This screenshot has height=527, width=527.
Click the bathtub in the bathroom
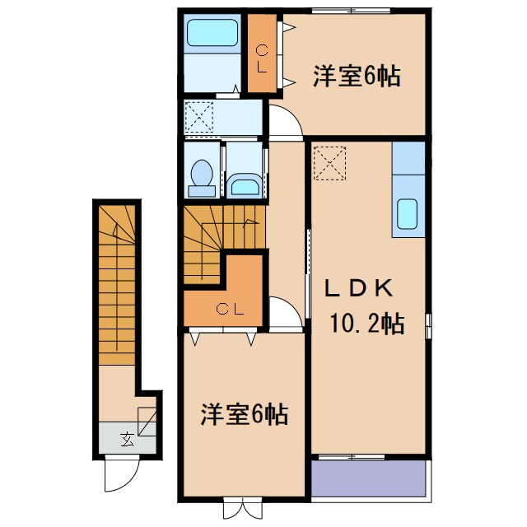pyautogui.click(x=212, y=34)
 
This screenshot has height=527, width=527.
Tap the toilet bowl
pyautogui.click(x=202, y=175)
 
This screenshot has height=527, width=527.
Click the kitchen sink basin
pyautogui.click(x=408, y=214)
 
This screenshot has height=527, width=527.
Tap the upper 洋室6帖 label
pyautogui.click(x=356, y=77)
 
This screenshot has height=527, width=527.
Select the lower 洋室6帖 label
pyautogui.click(x=244, y=414)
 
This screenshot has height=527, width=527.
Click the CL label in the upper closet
pyautogui.click(x=261, y=59)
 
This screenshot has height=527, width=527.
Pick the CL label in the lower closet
pyautogui.click(x=229, y=310)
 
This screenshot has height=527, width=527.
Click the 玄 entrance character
pyautogui.click(x=127, y=438)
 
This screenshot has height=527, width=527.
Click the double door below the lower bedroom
pyautogui.click(x=243, y=510)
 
